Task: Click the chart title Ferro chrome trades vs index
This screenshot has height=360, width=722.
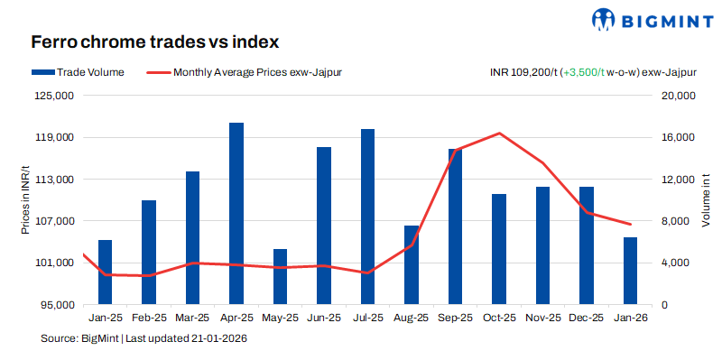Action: coord(154,42)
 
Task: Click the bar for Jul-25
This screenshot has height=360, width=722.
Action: coord(367,217)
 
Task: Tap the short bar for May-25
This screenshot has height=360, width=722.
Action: coord(280,276)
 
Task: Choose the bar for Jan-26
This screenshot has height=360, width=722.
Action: coord(630,271)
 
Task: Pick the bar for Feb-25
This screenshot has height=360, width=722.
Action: coord(148,252)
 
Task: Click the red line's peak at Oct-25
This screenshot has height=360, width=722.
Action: coord(499,134)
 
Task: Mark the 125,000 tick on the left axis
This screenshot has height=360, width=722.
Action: coord(57,96)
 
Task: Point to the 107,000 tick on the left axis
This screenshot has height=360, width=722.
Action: coord(57,221)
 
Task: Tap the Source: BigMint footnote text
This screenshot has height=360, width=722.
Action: coord(144,338)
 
